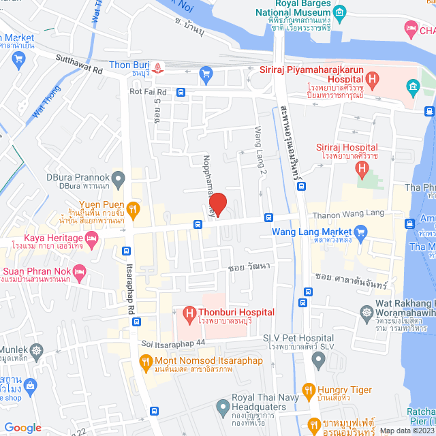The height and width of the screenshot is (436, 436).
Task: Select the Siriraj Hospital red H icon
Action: (363, 166)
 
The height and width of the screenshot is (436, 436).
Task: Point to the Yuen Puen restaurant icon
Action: (134, 207)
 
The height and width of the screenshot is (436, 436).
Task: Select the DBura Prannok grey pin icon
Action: (118, 179)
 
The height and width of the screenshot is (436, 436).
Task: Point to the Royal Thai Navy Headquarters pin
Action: (221, 407)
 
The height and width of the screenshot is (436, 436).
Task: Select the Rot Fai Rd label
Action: (148, 91)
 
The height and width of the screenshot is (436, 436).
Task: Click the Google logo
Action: (23, 427)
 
